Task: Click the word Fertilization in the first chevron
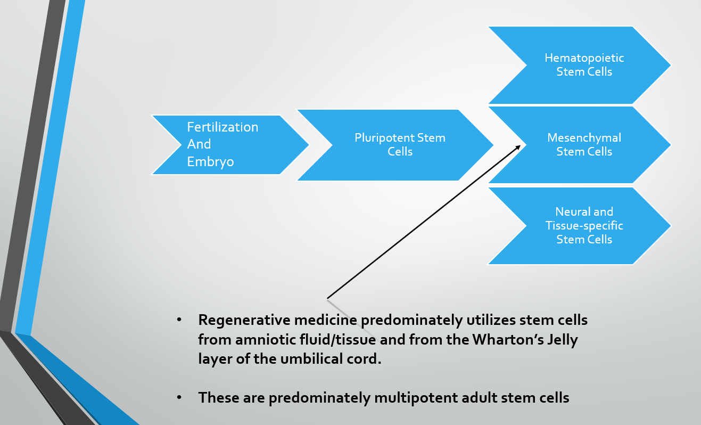[222, 127]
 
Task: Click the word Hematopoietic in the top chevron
[584, 58]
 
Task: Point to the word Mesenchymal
[584, 138]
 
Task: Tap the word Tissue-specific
[584, 226]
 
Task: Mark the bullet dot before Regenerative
[179, 320]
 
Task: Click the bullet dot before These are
[179, 397]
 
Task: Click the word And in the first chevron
[199, 144]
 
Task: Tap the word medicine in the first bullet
[326, 320]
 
